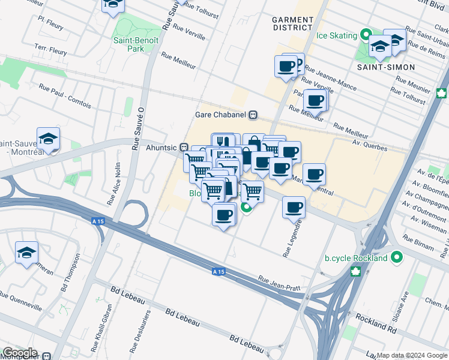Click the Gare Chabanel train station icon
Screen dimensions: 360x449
[254, 115]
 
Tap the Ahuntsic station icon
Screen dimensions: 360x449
[185, 147]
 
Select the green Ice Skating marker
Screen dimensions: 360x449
[364, 35]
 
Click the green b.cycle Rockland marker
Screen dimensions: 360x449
[396, 258]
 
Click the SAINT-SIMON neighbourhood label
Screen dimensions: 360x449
[386, 67]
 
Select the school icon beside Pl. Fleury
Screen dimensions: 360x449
[112, 5]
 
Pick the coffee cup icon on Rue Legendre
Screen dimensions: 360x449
[294, 207]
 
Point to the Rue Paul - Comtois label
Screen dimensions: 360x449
[65, 97]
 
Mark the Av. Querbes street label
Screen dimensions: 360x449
[370, 142]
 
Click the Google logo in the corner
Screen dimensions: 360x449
[19, 353]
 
